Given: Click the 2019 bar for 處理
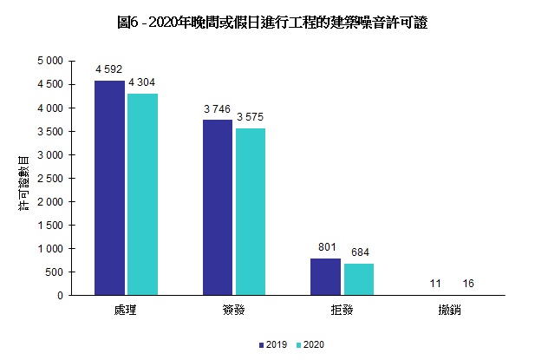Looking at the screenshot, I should click(x=110, y=187).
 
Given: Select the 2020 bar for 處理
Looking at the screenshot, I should click(x=142, y=194).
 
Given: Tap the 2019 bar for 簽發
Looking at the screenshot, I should click(x=218, y=207).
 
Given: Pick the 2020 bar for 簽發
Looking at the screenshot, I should click(x=250, y=212).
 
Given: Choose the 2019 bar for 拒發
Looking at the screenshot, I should click(x=325, y=277).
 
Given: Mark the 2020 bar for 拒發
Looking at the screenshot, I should click(x=358, y=279).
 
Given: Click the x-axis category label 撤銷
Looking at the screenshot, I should click(x=449, y=309).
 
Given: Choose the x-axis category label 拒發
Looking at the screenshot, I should click(x=342, y=309).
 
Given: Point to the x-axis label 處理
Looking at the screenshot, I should click(x=126, y=309).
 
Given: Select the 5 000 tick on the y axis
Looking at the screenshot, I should click(x=49, y=62).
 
